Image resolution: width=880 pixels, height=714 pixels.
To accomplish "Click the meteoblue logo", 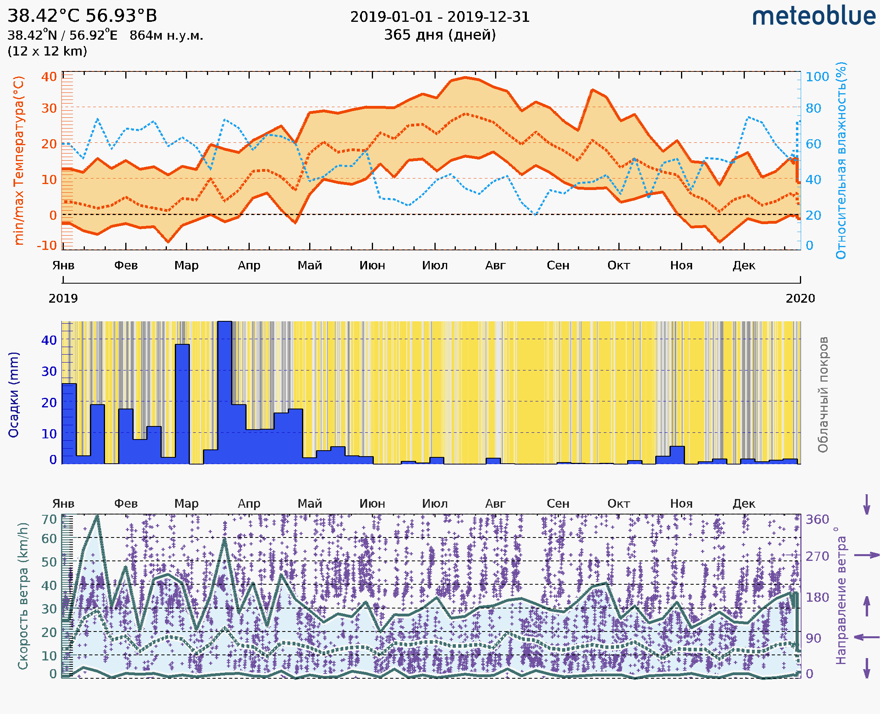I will coord(813,16).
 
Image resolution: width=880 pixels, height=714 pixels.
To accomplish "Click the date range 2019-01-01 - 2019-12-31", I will coord(439,17).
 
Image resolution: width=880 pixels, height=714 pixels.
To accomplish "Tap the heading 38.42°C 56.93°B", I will coord(82,16).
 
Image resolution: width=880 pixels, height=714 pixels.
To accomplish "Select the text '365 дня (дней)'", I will coord(439,35).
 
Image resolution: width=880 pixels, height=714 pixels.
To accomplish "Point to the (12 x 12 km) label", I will coord(47,51).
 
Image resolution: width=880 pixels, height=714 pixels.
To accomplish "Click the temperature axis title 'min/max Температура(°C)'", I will coord(19,160).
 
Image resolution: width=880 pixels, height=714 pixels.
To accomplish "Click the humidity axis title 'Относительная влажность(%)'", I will coord(841,160).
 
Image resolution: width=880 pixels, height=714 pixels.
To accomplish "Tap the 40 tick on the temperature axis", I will coord(49,77).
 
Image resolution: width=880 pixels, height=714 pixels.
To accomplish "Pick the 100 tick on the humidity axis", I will coord(817,77).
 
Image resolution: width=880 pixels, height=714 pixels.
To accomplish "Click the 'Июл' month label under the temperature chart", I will coord(434,265).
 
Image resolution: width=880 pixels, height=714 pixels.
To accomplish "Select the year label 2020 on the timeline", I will coord(800,298).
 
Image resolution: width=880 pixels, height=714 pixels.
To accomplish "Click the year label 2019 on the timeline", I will coord(63,298).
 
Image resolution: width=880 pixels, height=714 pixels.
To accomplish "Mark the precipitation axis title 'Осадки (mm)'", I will coord(13,394).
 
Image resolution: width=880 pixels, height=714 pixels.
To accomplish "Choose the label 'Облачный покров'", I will coord(823,394).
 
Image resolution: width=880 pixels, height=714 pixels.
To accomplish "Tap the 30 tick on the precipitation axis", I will coord(49,371).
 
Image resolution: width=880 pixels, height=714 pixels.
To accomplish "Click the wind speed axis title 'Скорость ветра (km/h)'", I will coord(23,596).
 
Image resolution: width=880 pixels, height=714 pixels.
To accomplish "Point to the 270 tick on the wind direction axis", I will coord(817,556).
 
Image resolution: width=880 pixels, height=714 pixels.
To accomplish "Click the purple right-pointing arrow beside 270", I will coord(866,555).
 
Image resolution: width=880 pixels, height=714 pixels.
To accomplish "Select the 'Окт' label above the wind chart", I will coord(619,503).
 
